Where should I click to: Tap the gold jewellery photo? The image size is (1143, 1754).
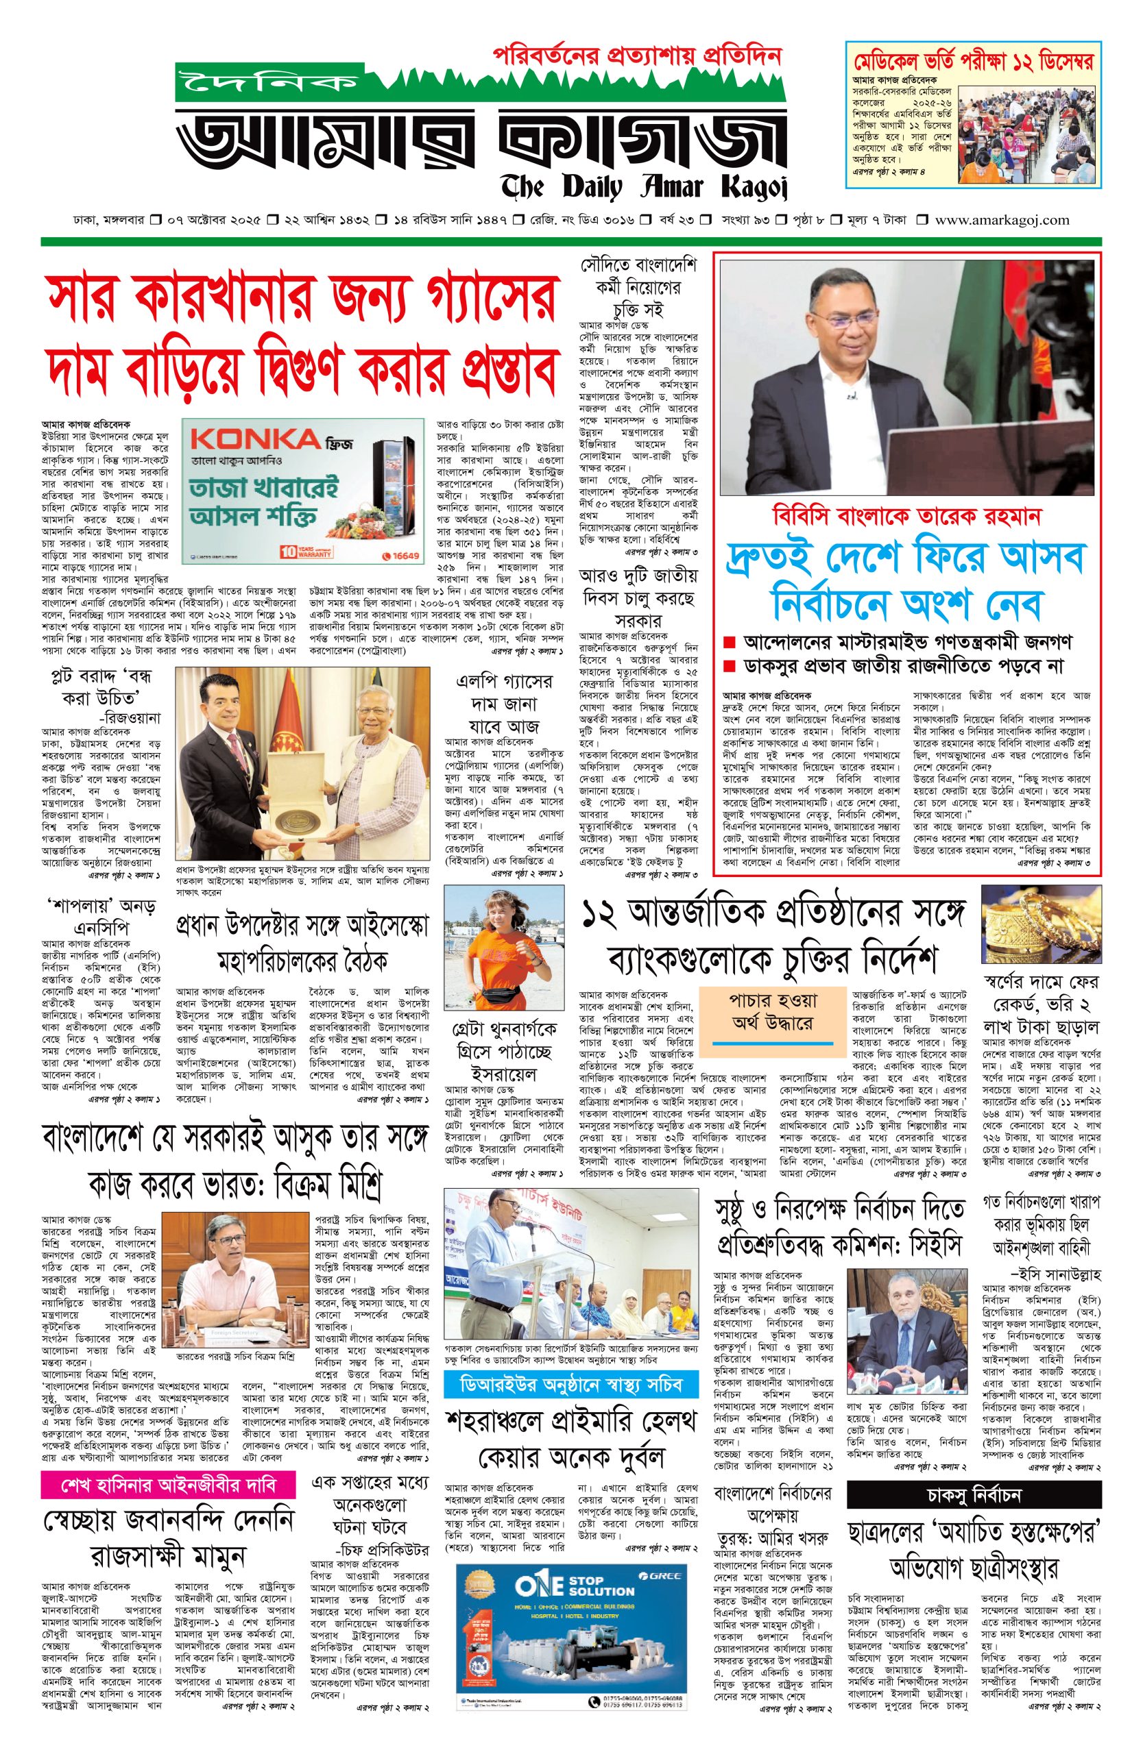pos(1041,924)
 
